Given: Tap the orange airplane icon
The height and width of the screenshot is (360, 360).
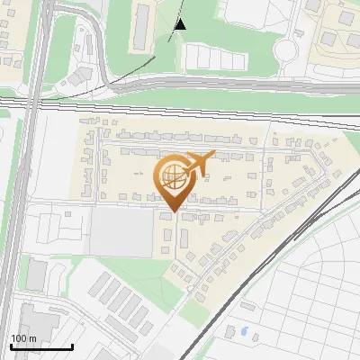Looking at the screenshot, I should [199, 164].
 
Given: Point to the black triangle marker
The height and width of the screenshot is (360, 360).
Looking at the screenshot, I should [180, 23].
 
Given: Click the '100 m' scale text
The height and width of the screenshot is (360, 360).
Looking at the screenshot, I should [22, 338].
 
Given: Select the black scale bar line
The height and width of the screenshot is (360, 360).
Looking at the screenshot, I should [41, 346].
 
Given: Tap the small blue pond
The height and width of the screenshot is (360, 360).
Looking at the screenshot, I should [243, 331].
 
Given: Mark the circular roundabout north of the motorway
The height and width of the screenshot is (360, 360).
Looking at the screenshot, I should [285, 49].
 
